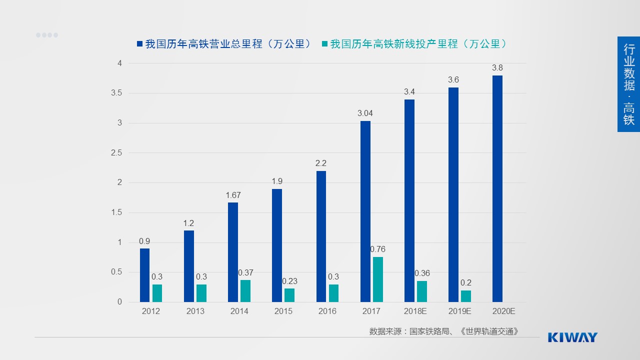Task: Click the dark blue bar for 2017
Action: pos(365,211)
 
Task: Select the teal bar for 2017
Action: pos(377,279)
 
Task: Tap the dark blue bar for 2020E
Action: pos(497,189)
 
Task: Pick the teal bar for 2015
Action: pos(289,295)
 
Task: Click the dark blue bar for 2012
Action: pos(144,275)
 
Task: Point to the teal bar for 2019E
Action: pos(465,296)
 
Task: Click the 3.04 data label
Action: pos(365,113)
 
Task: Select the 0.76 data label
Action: pos(377,249)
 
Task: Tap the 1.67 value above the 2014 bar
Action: pos(233,195)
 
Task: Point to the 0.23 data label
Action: pos(289,281)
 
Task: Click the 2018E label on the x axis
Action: pos(415,311)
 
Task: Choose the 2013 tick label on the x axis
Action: pos(195,311)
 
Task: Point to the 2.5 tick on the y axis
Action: pos(116,153)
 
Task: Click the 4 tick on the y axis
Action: pos(119,63)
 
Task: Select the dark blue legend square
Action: pos(139,44)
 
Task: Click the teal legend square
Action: pos(325,44)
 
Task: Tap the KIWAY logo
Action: pos(572,337)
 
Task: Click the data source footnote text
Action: pos(444,331)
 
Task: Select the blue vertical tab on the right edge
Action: pos(628,84)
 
